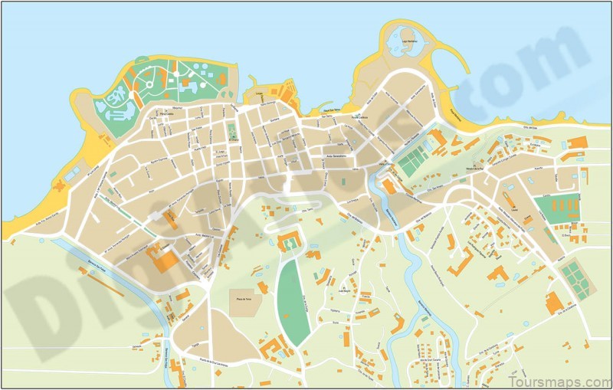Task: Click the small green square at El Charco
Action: [x=231, y=129]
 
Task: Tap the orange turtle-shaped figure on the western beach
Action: [x=61, y=184]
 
